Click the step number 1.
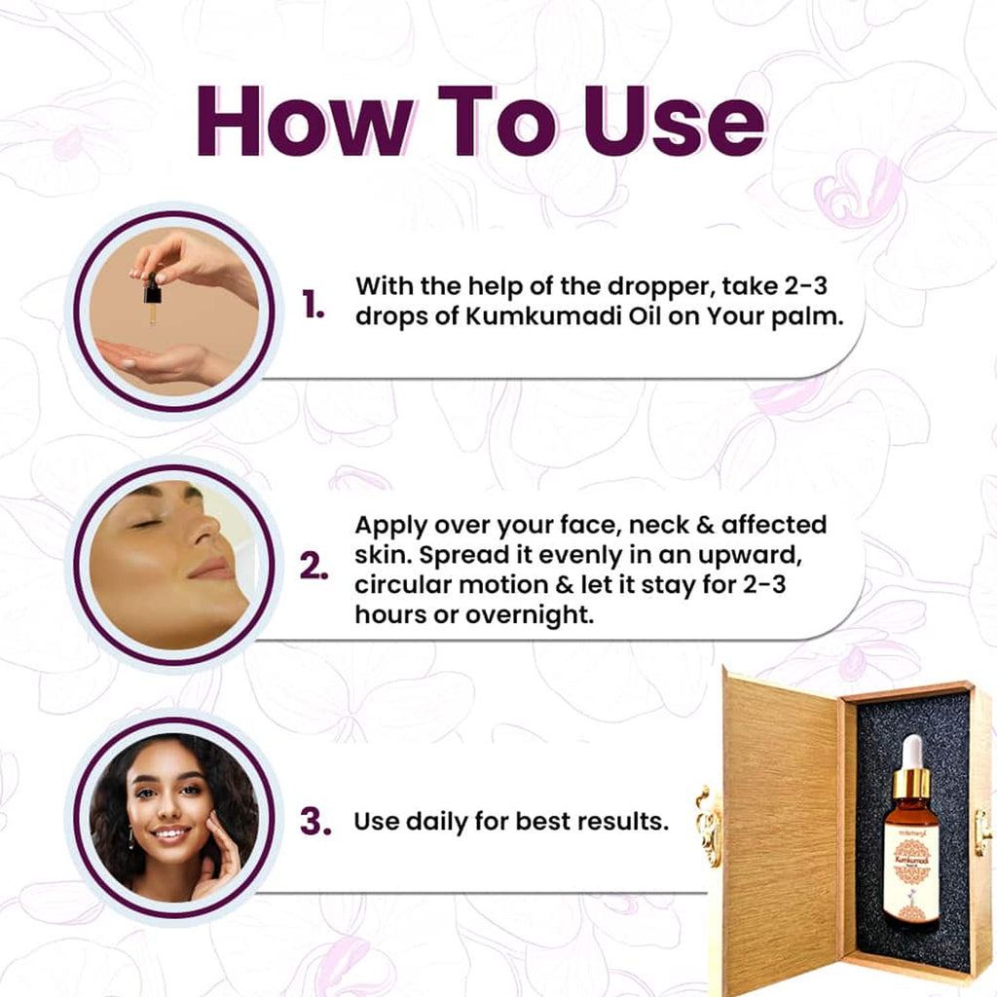click(x=313, y=306)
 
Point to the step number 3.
click(x=314, y=822)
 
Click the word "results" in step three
click(x=623, y=821)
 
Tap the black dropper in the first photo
click(x=153, y=291)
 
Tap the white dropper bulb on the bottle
click(x=911, y=752)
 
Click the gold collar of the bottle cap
click(x=911, y=782)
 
